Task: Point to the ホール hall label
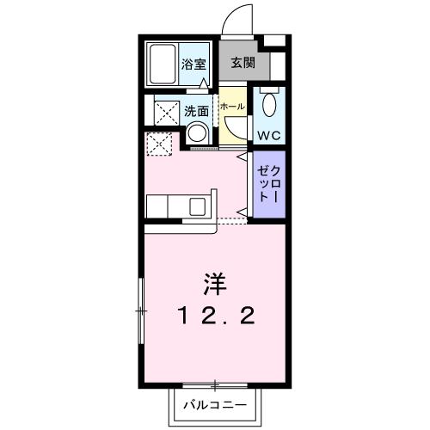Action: coord(231,106)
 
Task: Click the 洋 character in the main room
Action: coord(215,281)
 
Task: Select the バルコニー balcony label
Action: coord(215,404)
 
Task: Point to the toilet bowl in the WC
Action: coord(268,107)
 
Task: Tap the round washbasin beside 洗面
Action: coord(198,134)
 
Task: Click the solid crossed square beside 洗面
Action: coord(164,112)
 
